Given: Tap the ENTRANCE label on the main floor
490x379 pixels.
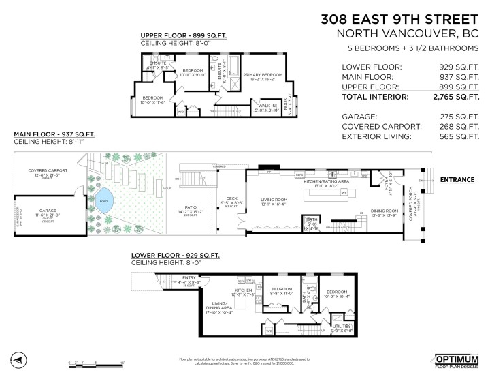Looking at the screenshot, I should coord(457,179).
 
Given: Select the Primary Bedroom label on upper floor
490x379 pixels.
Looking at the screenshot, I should coord(263,76).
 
